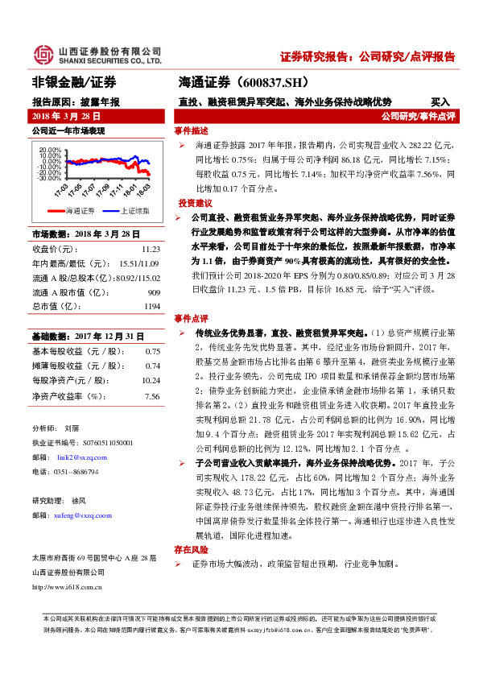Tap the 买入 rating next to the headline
pyautogui.click(x=440, y=102)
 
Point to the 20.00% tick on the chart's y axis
pyautogui.click(x=50, y=150)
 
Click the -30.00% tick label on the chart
pyautogui.click(x=49, y=177)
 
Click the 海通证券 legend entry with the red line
pyautogui.click(x=72, y=210)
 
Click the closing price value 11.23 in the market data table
pyautogui.click(x=151, y=249)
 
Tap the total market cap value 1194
pyautogui.click(x=151, y=307)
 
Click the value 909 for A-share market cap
pyautogui.click(x=153, y=291)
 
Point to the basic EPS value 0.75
pyautogui.click(x=152, y=351)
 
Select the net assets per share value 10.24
pyautogui.click(x=151, y=379)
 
